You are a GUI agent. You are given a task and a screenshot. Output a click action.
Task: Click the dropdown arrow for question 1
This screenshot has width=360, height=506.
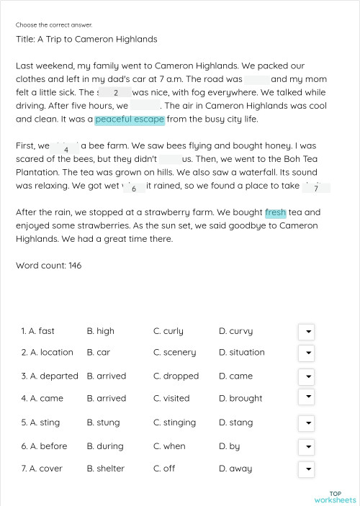(306, 331)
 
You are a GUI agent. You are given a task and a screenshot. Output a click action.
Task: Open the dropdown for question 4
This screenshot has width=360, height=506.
(306, 397)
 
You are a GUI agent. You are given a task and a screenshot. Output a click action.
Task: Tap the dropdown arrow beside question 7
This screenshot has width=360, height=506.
(306, 469)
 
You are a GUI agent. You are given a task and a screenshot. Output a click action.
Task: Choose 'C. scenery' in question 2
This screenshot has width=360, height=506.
(174, 353)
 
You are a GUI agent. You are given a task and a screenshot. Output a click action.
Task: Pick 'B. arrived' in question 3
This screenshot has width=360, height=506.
(106, 376)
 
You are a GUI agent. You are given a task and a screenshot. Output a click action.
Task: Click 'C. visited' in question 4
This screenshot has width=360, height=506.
(171, 398)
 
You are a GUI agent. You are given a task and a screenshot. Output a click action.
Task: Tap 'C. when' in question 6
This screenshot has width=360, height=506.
(169, 446)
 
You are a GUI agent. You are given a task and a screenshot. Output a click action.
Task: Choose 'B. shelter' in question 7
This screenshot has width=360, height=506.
(105, 469)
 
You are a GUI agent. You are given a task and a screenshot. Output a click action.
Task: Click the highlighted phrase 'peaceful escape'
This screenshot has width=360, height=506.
(130, 119)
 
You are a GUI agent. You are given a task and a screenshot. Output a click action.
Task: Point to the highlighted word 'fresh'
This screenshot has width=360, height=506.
(275, 213)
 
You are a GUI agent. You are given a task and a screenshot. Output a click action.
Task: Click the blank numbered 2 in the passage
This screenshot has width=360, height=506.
(115, 93)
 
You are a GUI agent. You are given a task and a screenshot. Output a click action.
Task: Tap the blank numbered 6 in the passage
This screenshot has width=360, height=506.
(134, 188)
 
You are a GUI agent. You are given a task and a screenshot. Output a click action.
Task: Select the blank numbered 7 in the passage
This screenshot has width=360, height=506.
(315, 188)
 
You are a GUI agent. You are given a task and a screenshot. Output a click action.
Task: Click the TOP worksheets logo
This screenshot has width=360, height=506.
(335, 497)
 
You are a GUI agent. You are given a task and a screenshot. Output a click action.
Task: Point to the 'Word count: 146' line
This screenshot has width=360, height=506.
(48, 266)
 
